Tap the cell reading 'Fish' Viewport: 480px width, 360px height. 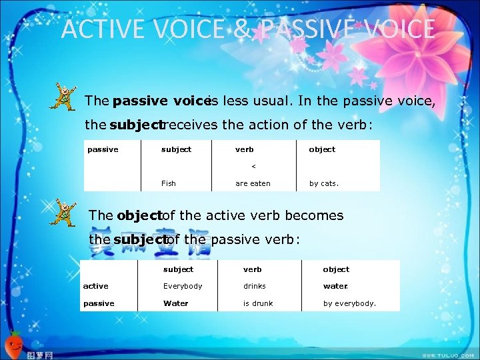(169, 183)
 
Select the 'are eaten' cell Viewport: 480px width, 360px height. (253, 183)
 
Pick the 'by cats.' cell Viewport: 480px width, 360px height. (323, 183)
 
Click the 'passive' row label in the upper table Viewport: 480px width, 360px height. (103, 149)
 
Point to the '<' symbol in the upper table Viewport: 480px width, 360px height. (253, 167)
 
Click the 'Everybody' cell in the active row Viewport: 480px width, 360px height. (183, 286)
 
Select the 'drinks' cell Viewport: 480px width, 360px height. (255, 286)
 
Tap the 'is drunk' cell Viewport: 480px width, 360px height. (258, 303)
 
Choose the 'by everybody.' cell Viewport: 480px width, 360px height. (349, 303)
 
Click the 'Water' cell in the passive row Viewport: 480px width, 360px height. (176, 303)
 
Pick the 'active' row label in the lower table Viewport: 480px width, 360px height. (95, 286)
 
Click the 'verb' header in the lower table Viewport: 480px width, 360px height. (253, 269)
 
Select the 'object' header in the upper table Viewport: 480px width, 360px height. (322, 149)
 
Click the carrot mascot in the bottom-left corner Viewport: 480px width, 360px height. (15, 344)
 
